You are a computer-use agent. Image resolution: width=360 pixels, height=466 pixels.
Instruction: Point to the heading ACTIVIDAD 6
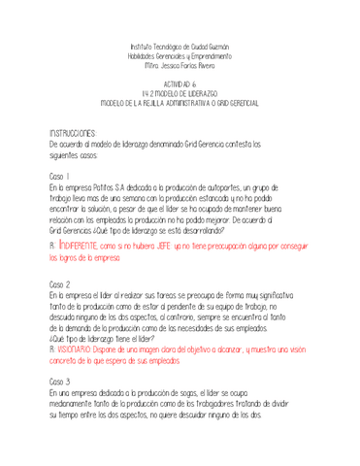pos(180,83)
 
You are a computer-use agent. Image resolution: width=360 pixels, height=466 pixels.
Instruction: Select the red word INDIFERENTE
pos(78,249)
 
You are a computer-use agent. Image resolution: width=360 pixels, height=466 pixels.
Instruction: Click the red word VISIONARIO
pos(77,348)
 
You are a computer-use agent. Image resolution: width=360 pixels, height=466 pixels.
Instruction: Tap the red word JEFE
pos(157,249)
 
